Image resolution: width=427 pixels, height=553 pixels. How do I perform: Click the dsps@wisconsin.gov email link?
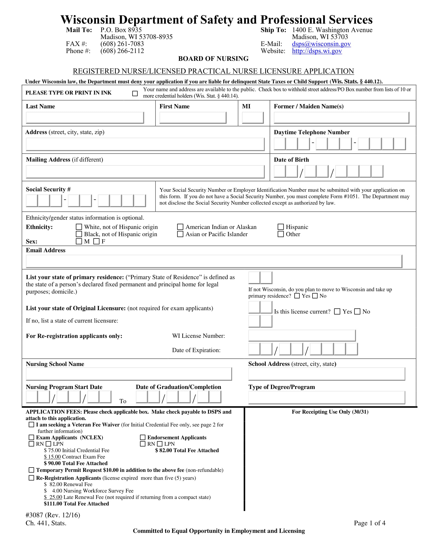coord(321,44)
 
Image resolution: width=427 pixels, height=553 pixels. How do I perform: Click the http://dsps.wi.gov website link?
coord(317,51)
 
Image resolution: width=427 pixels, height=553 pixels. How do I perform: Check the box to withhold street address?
coord(135,94)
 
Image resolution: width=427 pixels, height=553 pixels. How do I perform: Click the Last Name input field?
coord(85,118)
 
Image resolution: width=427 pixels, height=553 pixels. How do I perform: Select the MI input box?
coord(252,118)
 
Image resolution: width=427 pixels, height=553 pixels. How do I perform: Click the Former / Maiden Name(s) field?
coord(341,118)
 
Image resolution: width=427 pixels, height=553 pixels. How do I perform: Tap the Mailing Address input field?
coord(145,172)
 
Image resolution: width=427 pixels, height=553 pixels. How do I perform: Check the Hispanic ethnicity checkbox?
coord(281,227)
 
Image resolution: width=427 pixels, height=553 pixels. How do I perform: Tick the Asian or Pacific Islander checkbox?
coord(180,234)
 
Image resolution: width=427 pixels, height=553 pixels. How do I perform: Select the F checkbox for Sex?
coord(96,241)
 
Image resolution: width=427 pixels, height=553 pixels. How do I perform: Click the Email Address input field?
coord(214,261)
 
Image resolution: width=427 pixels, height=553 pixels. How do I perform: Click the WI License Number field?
coord(302,336)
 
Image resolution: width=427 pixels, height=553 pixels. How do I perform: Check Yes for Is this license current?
coord(337,311)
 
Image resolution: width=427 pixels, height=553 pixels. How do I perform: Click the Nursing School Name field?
coord(129,374)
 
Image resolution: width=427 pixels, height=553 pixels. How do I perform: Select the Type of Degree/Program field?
coord(326,397)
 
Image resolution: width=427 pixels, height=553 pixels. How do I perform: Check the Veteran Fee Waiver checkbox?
coord(31,425)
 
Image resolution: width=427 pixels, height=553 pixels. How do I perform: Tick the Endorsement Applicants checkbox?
coord(143,437)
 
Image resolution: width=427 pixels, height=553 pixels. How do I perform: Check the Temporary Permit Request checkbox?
coord(31,470)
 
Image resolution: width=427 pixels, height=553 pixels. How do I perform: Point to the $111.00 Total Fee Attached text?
coord(76,504)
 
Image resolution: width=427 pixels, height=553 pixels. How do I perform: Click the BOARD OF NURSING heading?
coord(213,59)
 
